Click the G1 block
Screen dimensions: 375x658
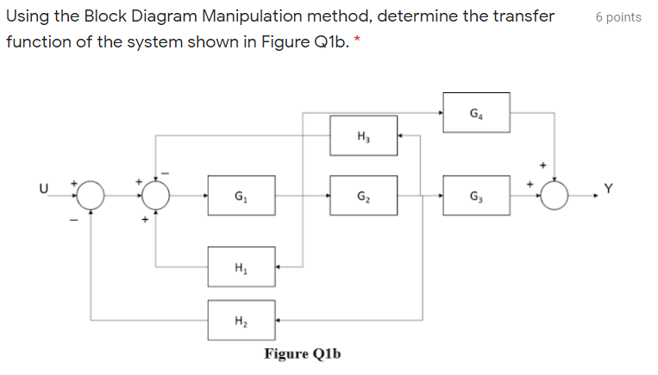click(x=241, y=197)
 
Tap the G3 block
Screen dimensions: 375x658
click(x=476, y=197)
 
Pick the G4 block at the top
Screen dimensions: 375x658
click(x=476, y=113)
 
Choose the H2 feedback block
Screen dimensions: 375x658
click(x=241, y=320)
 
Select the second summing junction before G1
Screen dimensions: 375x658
click(x=155, y=197)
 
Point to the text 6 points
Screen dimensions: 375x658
click(x=618, y=17)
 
